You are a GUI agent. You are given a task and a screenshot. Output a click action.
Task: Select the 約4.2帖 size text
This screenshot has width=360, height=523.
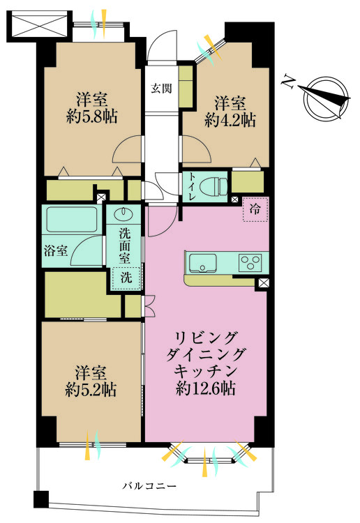230,120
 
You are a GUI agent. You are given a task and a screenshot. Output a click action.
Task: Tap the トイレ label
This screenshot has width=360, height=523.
189,186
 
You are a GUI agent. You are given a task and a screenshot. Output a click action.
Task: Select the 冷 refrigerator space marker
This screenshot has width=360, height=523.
254,209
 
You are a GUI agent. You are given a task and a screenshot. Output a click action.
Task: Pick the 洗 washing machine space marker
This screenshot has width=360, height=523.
125,276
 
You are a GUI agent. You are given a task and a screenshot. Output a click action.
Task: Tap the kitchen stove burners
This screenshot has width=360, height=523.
249,263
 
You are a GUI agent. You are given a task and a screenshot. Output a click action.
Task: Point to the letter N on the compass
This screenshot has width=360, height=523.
287,82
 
